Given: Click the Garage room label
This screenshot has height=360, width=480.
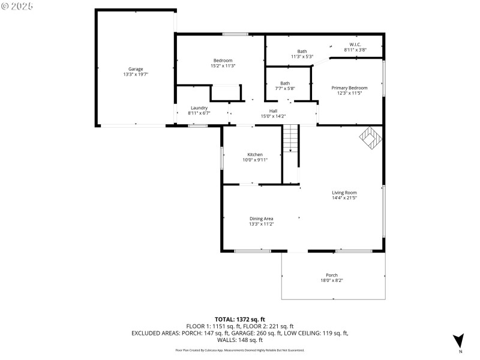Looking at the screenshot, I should pos(135,69).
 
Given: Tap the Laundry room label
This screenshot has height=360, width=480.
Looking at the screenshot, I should pos(199,108).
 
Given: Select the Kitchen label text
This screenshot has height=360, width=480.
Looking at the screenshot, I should pos(255,154).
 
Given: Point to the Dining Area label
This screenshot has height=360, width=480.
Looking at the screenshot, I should pos(262,218).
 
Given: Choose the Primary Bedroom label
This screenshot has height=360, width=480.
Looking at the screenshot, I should pos(349,88).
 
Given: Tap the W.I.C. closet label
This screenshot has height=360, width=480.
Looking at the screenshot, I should pos(355,45).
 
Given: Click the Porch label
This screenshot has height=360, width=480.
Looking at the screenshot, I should pos(332,275).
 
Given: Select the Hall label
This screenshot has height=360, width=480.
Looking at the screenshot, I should pos(273,111).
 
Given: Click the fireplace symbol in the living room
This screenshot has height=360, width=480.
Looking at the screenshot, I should pos(371,138).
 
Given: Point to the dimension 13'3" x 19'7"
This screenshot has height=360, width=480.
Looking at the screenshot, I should pos(135,74).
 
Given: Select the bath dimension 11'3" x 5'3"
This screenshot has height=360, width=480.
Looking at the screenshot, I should pos(302,57).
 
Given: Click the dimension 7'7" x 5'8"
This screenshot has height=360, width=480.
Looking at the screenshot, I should pos(285,89).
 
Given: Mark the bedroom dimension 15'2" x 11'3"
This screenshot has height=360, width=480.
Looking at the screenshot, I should pos(223,66).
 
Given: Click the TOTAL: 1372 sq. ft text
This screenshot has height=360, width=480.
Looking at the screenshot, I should pos(240,319).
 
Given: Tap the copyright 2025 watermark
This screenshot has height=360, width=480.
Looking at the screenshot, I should pos(17,5).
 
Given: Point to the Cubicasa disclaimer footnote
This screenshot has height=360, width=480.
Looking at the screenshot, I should pos(239,350).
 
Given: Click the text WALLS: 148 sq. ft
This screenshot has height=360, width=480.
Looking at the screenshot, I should pos(240,339).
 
